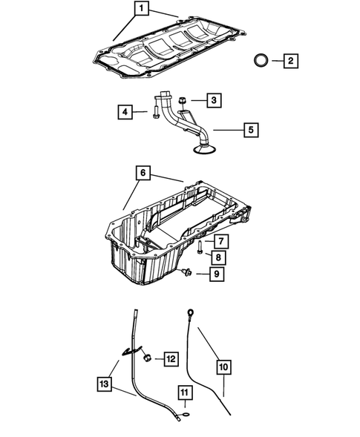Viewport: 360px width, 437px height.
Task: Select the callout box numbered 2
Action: click(289, 60)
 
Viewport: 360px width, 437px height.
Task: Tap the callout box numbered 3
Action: click(213, 99)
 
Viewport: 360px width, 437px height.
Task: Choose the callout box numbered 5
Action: click(251, 131)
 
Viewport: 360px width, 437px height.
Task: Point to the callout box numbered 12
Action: click(170, 359)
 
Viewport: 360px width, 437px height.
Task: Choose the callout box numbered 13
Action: click(105, 384)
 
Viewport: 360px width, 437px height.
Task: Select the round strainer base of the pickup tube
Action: click(202, 152)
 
